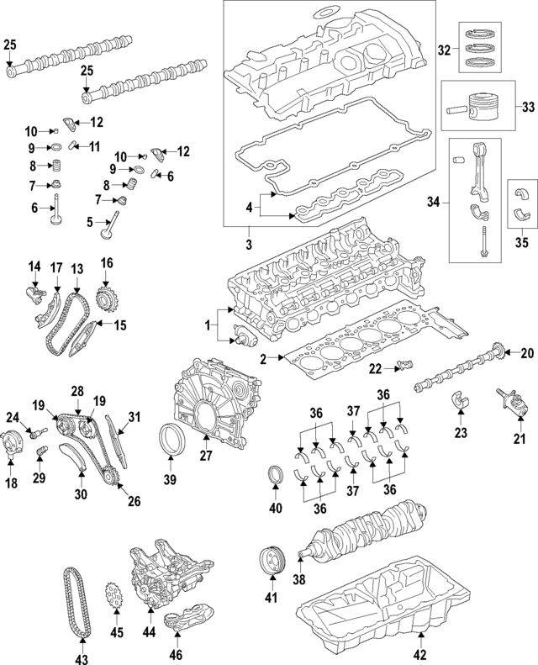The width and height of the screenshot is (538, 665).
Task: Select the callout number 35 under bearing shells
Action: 521,243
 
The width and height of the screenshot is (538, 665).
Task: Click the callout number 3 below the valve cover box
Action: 249,244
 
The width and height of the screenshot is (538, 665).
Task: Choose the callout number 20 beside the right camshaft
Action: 527,353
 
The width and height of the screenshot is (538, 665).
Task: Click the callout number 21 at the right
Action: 519,438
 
